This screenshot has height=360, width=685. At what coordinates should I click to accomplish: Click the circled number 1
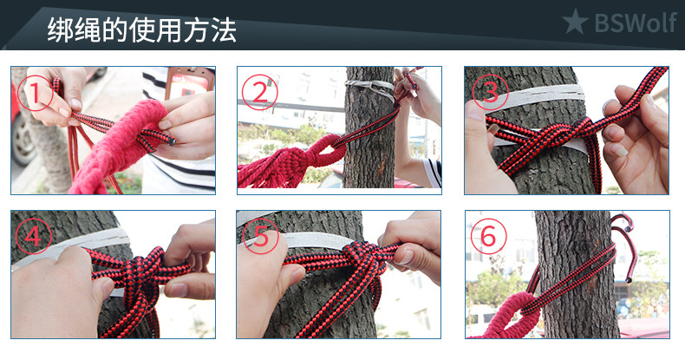[36, 93]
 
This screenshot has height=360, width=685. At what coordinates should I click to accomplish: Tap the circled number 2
[259, 92]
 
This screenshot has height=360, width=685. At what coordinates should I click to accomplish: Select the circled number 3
[490, 92]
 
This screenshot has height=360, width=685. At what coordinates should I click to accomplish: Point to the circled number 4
[34, 236]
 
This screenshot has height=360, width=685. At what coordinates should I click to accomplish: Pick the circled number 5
[261, 236]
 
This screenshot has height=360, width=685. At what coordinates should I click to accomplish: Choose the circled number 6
[488, 236]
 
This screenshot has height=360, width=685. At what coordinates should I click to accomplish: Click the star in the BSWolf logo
[575, 22]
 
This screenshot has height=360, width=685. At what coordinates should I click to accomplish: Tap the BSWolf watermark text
[636, 22]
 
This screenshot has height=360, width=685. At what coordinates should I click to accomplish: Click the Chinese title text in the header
[141, 29]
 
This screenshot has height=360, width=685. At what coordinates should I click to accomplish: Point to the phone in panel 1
[189, 82]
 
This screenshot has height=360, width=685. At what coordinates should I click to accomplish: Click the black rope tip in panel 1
[172, 141]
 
